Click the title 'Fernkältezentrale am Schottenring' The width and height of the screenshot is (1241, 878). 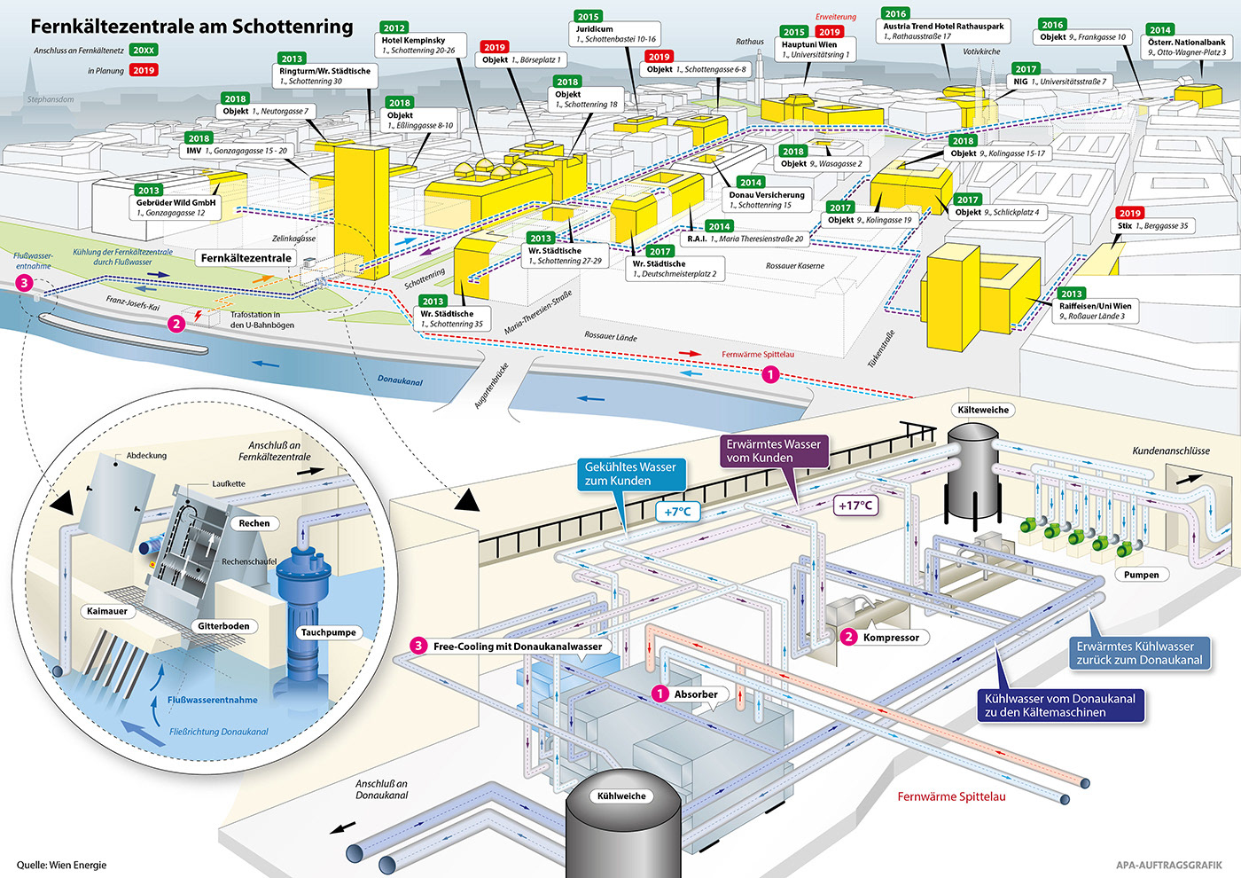click(191, 27)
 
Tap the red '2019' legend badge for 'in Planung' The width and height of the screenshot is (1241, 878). click(144, 70)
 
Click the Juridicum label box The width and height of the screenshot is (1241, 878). click(616, 35)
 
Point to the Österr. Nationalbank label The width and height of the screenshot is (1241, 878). click(1186, 47)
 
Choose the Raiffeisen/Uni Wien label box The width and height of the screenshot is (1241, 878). click(1095, 310)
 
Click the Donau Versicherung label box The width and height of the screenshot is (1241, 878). click(767, 200)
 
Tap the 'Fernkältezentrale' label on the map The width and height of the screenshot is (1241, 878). click(246, 258)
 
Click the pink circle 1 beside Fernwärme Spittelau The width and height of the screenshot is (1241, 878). click(770, 375)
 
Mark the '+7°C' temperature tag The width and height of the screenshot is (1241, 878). click(677, 512)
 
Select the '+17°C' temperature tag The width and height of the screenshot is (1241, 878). click(855, 506)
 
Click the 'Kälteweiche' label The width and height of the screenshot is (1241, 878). click(983, 410)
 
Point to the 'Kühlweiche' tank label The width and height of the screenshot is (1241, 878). click(621, 796)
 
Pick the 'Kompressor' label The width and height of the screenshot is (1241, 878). click(890, 637)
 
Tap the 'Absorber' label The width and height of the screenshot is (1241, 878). click(695, 694)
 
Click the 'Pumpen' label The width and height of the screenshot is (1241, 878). click(1141, 575)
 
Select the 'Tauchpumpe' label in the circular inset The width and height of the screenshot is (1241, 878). click(328, 632)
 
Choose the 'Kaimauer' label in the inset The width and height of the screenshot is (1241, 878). click(107, 611)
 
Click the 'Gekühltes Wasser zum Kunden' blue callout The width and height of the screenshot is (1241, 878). click(630, 474)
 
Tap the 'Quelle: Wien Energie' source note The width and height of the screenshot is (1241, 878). click(61, 865)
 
